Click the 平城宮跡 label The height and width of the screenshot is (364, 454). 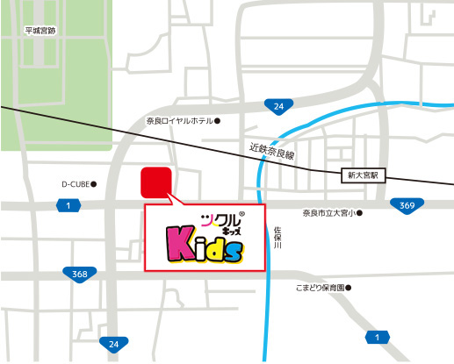pos(40,31)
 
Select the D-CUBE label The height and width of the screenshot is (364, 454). pos(76,184)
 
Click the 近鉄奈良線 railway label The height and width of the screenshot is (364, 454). pos(272,152)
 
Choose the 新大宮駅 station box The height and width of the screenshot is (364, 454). pos(361,176)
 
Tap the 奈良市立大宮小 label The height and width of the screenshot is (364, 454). pos(328,213)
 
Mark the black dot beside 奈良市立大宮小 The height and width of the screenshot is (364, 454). pos(360,213)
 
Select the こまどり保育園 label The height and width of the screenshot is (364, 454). pos(319,287)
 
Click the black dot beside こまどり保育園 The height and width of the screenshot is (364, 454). pos(349,287)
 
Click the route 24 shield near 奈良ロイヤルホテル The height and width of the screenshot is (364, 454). pos(278,107)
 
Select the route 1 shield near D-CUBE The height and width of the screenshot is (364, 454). pos(68,204)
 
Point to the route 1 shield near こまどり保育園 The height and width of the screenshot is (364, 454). pos(378,336)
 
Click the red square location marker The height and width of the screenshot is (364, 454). pos(156,182)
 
